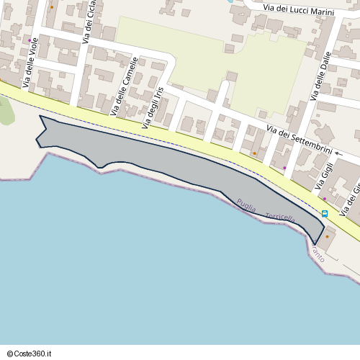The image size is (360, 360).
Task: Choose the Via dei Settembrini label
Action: point(299,140)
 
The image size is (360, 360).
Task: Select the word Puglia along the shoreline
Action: point(246,207)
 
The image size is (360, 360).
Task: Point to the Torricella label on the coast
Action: point(280,217)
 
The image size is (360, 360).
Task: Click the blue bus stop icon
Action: point(325,214)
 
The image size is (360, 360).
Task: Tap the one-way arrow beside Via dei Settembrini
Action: point(338,153)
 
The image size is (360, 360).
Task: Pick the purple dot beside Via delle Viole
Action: point(30,40)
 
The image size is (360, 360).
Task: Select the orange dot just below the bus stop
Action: point(327,236)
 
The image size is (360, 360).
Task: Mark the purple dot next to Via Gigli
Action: point(324,199)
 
